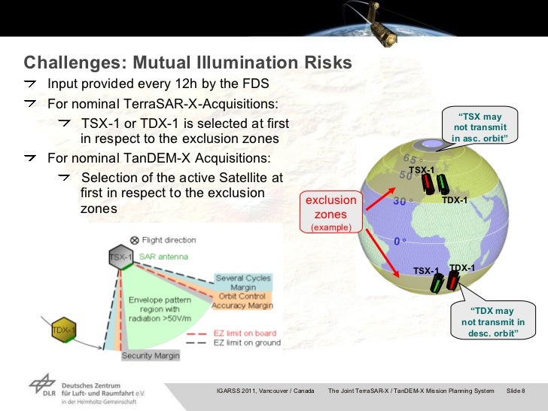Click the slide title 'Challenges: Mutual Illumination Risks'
click(x=187, y=62)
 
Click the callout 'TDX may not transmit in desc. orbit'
click(x=493, y=322)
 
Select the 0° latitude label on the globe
click(x=400, y=242)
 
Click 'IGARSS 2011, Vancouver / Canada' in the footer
click(x=265, y=390)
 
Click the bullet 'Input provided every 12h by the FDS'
click(x=158, y=84)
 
